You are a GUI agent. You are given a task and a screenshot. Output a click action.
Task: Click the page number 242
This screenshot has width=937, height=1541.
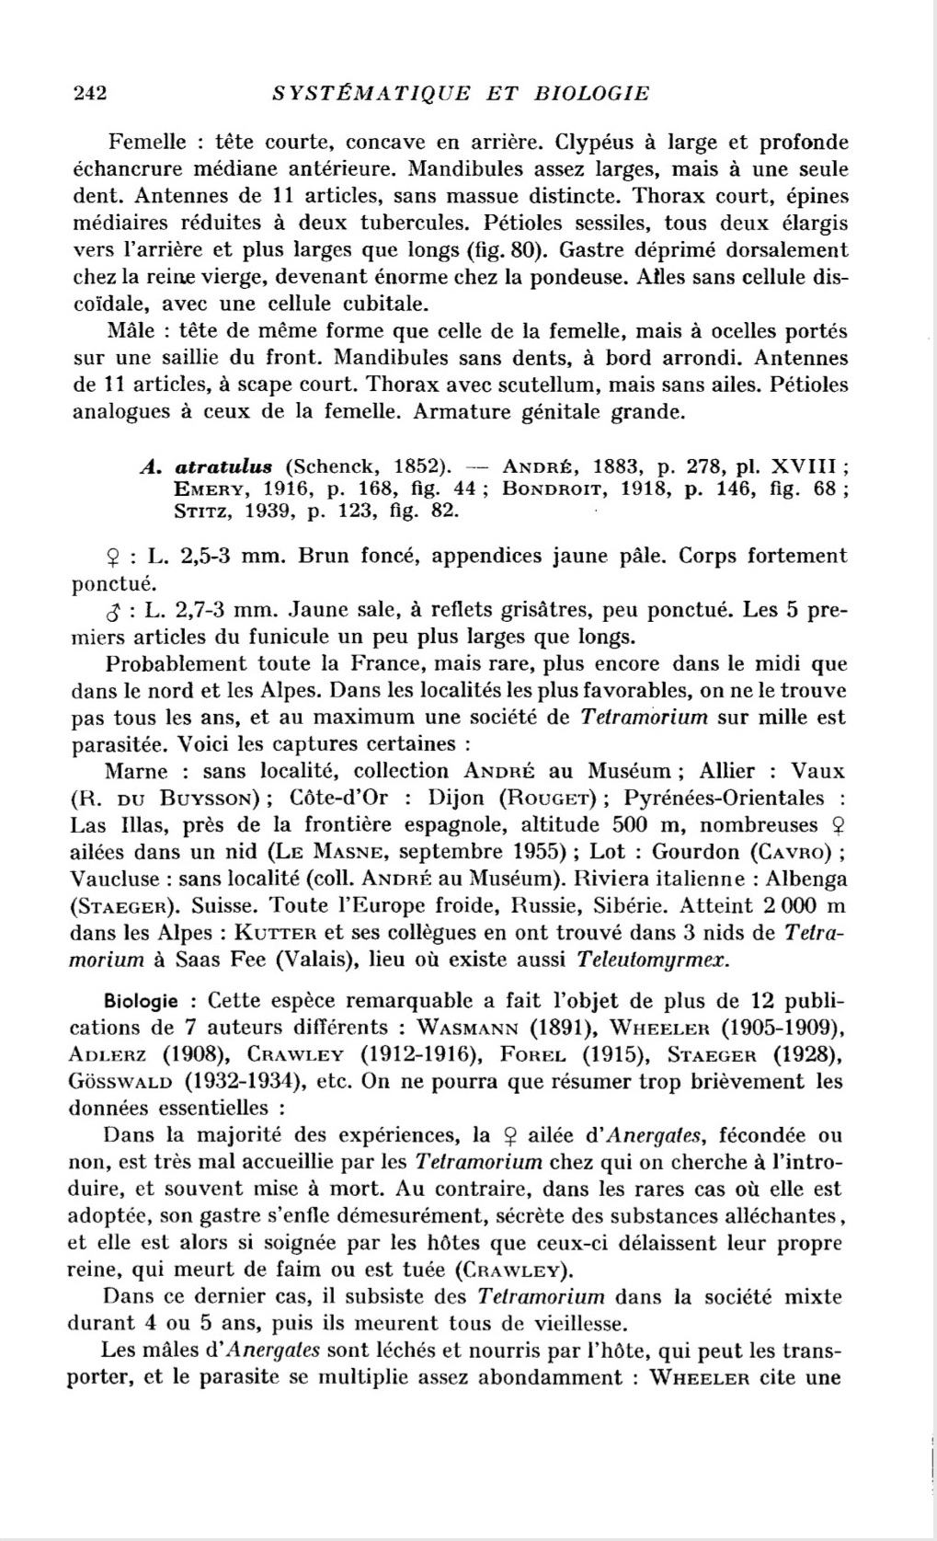pos(90,93)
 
